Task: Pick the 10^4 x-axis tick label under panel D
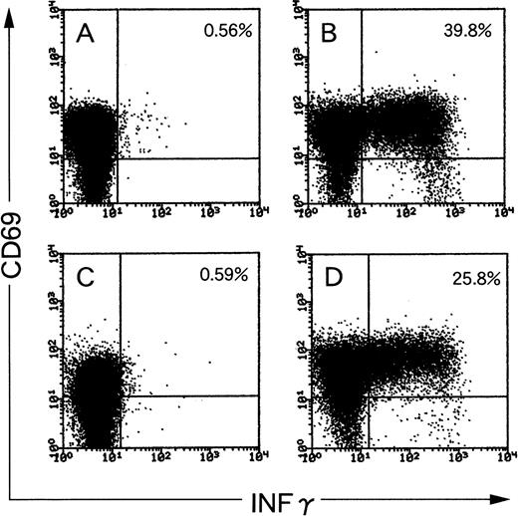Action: [502, 453]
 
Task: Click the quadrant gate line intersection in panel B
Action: [361, 157]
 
